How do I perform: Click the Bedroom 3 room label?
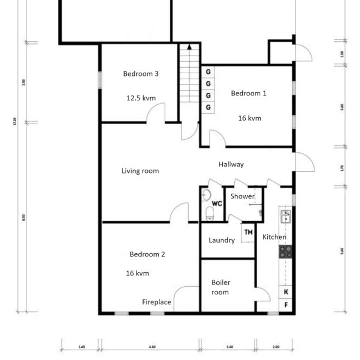tap(140, 74)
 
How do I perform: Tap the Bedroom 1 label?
tap(248, 93)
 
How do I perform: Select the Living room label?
tap(140, 171)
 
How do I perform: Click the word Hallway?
tap(231, 164)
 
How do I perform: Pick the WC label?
tap(217, 204)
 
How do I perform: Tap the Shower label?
tap(242, 196)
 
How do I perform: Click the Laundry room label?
tap(222, 240)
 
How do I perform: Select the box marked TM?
tap(248, 233)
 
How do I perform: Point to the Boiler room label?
tap(220, 287)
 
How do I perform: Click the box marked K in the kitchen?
tap(286, 292)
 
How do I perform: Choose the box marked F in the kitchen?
tap(286, 305)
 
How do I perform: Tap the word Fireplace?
tap(157, 302)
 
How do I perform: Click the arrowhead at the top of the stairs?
tap(189, 47)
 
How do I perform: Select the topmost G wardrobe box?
tap(208, 72)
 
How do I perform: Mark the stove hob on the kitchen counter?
tap(285, 252)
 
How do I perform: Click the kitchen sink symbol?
tap(285, 217)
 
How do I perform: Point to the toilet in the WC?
tap(209, 213)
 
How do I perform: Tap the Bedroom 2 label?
tap(147, 254)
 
